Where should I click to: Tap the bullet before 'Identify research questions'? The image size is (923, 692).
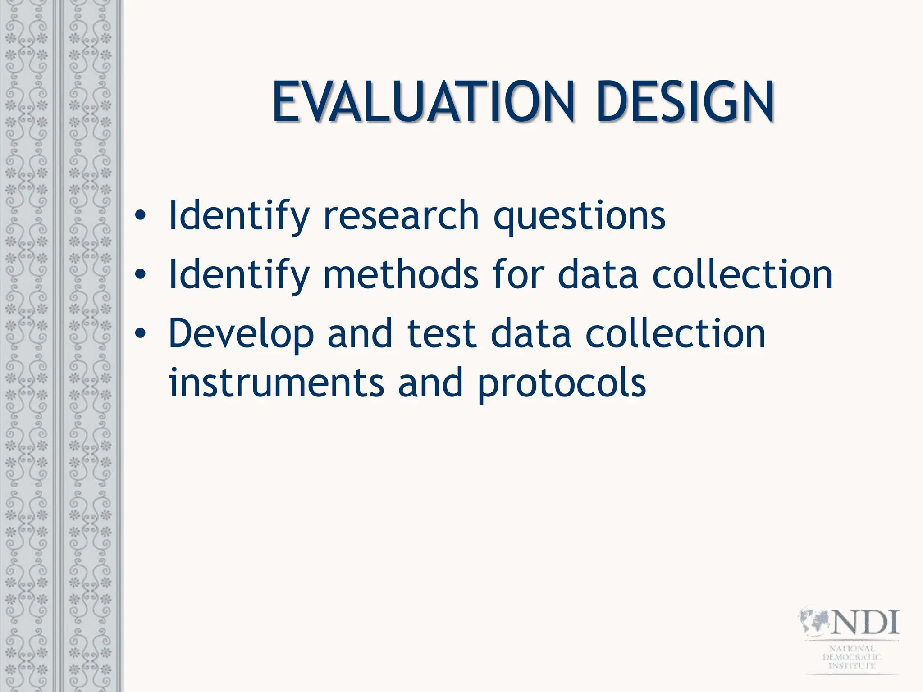140,216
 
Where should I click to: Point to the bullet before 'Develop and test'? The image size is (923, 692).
140,333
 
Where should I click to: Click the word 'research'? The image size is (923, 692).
401,216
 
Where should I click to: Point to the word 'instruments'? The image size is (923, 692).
276,383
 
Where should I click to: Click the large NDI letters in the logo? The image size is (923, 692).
865,623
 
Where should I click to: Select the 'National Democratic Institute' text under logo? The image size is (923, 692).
852,657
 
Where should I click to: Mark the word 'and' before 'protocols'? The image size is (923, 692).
430,383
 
